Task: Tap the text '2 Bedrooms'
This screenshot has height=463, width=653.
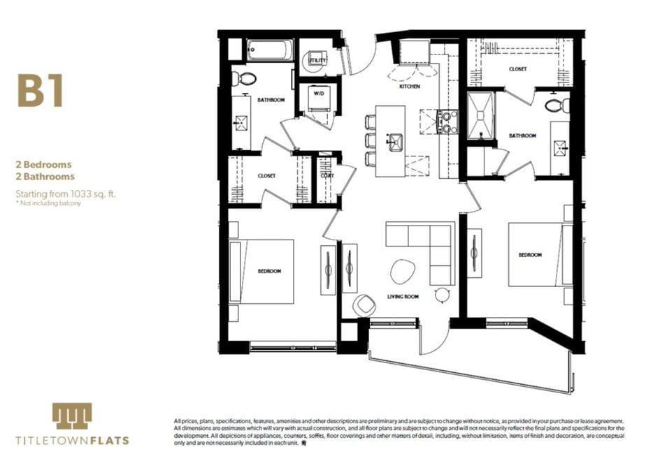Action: [45, 165]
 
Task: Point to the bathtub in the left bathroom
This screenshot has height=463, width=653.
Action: [269, 50]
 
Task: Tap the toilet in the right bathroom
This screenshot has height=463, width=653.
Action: [557, 105]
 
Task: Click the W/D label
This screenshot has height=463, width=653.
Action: [318, 93]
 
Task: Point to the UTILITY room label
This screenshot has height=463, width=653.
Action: [318, 61]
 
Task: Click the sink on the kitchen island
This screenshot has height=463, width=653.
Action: [394, 142]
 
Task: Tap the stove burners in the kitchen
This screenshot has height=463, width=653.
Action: [447, 122]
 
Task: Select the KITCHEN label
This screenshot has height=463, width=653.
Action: [410, 87]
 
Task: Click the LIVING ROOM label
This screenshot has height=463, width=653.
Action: [403, 297]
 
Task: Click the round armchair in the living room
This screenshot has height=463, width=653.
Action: [364, 304]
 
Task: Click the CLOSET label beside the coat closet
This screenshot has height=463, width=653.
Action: [266, 176]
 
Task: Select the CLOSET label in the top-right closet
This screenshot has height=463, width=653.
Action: [518, 69]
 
